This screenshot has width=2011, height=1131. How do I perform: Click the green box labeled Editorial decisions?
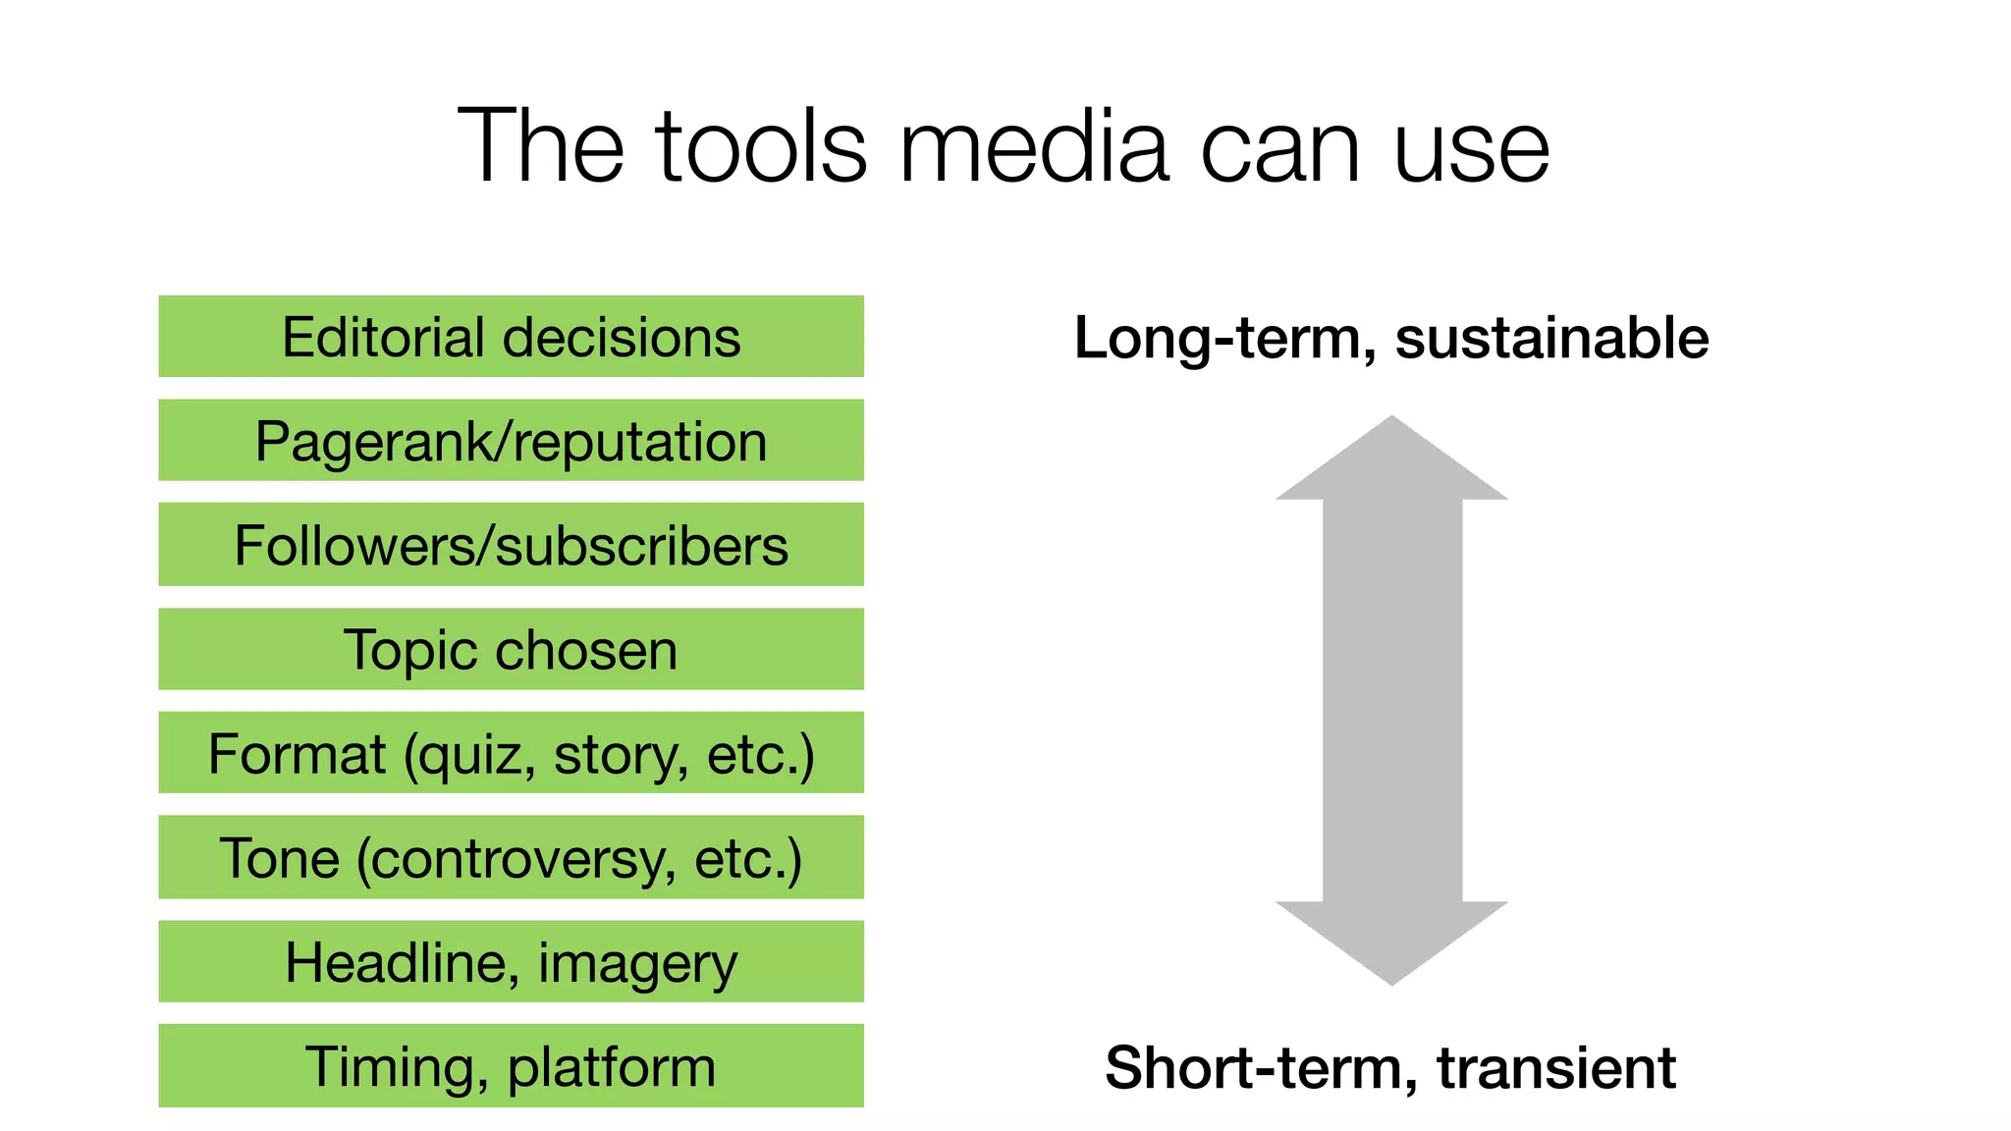(x=511, y=337)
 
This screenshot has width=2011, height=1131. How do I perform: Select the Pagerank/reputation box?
(x=511, y=441)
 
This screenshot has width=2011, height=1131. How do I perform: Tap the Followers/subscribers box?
(x=511, y=545)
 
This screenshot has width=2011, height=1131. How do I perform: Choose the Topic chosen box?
(x=511, y=649)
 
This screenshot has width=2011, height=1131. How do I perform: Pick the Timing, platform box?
(x=511, y=1066)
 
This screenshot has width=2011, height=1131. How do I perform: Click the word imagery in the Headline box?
(x=637, y=964)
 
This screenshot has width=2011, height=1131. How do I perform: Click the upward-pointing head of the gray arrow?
(x=1391, y=460)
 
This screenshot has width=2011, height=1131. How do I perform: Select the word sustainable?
(x=1551, y=339)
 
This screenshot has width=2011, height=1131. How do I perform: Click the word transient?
(x=1556, y=1068)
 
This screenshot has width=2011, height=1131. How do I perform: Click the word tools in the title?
(x=762, y=147)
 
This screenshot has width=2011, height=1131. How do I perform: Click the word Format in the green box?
(x=297, y=754)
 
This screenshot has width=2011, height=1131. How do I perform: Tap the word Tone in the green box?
(x=279, y=858)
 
